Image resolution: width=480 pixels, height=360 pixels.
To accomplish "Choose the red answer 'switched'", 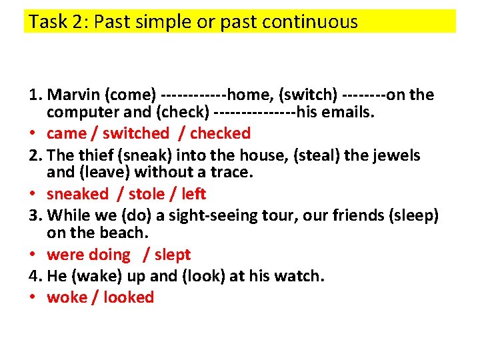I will point(136,133).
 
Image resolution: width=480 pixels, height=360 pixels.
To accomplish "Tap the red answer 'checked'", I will point(219,133).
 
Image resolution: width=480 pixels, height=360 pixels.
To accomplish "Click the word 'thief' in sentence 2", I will point(94,156).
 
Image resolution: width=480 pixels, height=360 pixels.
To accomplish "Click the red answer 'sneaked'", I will point(77,194).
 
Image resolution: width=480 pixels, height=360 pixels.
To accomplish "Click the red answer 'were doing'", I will point(89,255).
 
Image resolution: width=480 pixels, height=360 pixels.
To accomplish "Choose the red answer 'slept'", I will point(173,255).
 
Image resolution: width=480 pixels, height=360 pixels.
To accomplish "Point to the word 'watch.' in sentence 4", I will point(301,276).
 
